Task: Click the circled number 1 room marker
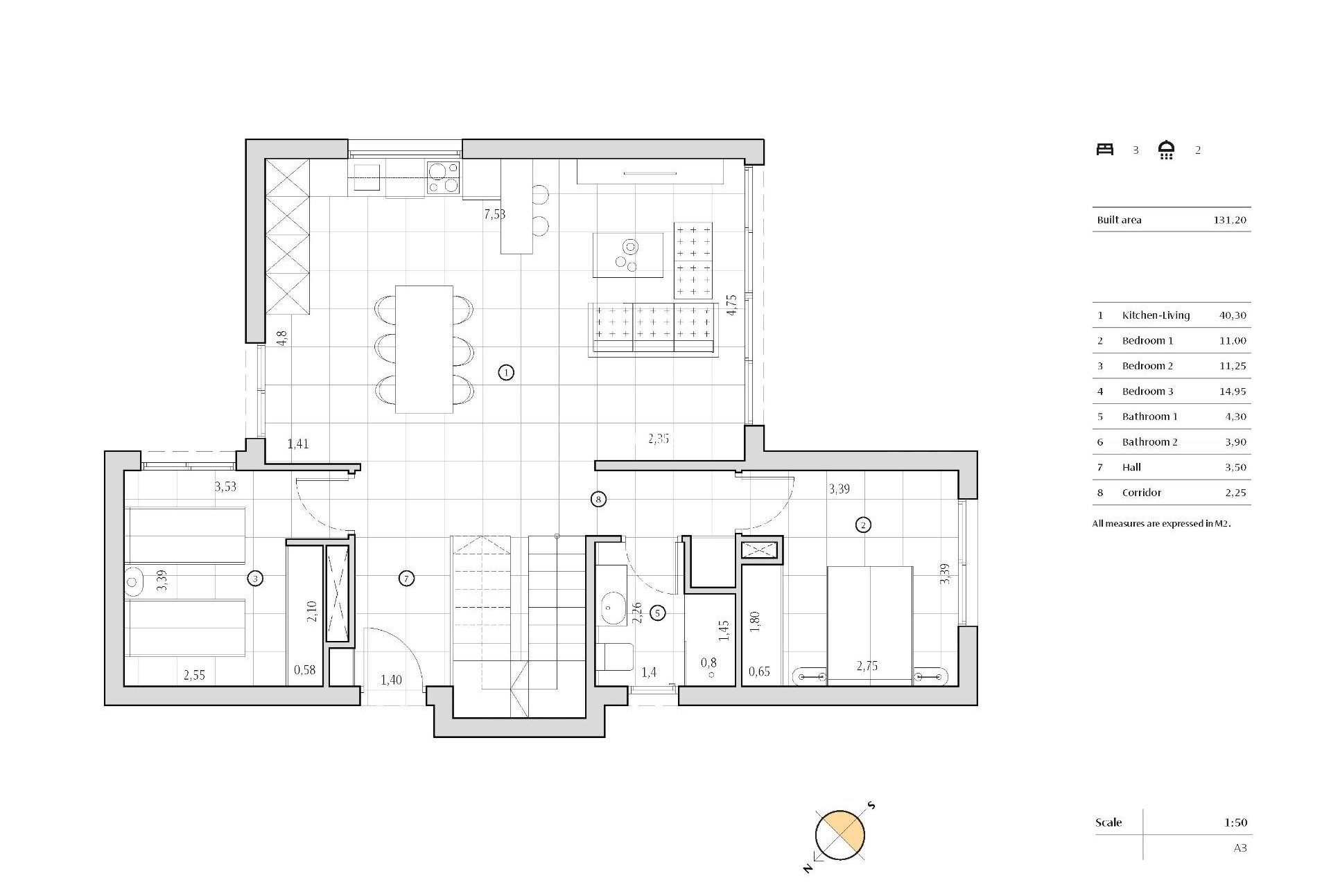(506, 373)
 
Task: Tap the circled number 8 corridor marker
(598, 499)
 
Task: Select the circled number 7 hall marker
(407, 578)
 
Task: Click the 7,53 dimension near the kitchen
(494, 214)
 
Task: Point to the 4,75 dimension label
(731, 305)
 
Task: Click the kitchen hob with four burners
(443, 177)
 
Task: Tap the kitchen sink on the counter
(367, 177)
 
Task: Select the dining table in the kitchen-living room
(424, 349)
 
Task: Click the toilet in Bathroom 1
(615, 657)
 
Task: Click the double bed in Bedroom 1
(869, 624)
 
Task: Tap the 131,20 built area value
(1230, 220)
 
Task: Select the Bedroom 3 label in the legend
(1147, 392)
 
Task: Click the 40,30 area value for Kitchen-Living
(1233, 315)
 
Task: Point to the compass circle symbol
(840, 835)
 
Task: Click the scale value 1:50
(1235, 823)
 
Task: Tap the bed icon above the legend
(1105, 150)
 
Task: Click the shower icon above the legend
(1167, 150)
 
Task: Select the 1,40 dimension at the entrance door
(391, 680)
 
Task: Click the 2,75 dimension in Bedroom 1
(867, 666)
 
